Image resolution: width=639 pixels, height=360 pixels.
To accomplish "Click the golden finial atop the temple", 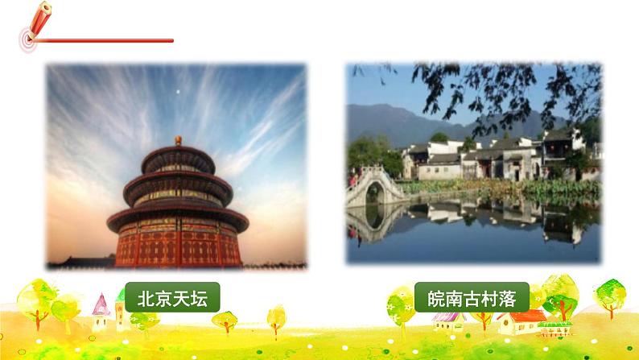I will click(x=178, y=140).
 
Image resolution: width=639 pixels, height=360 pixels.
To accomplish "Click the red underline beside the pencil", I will click(x=105, y=40).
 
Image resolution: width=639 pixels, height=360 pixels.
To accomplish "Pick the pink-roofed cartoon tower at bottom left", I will click(x=100, y=309).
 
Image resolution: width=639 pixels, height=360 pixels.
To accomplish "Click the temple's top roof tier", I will click(x=178, y=155).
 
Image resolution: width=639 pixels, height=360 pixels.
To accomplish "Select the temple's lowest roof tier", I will click(x=178, y=215).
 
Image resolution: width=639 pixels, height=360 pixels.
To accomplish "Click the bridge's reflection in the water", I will click(x=373, y=221).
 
